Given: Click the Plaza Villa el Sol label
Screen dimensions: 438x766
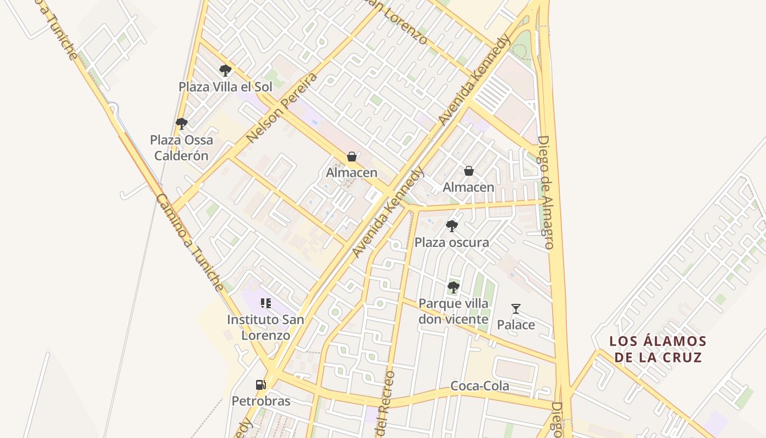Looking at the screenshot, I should [225, 87].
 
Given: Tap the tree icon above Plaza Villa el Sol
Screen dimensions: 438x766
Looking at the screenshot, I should [225, 70].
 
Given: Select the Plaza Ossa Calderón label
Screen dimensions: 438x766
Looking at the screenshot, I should [181, 148].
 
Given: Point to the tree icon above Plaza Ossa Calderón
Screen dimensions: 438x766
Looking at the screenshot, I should [182, 124].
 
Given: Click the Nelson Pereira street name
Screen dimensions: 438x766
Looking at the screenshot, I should [282, 107].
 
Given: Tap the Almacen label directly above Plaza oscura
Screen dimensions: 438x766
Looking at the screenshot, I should [468, 187].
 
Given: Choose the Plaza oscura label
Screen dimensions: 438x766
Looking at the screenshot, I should [451, 242].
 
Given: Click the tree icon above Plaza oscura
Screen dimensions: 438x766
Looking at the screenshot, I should [451, 226].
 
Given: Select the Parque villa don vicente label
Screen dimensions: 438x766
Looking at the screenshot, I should [453, 311].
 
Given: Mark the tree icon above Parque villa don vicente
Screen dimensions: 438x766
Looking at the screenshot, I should [453, 287].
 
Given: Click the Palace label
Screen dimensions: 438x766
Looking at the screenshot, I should [515, 325].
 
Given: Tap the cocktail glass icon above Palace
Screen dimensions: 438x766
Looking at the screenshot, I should [515, 309].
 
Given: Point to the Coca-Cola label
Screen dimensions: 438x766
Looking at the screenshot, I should [479, 386].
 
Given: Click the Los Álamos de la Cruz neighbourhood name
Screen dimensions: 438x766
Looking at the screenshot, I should [658, 349].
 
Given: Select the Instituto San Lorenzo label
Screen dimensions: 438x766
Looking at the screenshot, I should [265, 327].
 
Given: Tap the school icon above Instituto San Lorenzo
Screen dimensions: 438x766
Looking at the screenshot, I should [265, 303].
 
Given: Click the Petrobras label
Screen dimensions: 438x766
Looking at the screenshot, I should [261, 401].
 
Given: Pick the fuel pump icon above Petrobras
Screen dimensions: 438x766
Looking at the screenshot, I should [261, 384].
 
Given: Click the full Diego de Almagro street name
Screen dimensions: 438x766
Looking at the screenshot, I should [546, 192].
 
